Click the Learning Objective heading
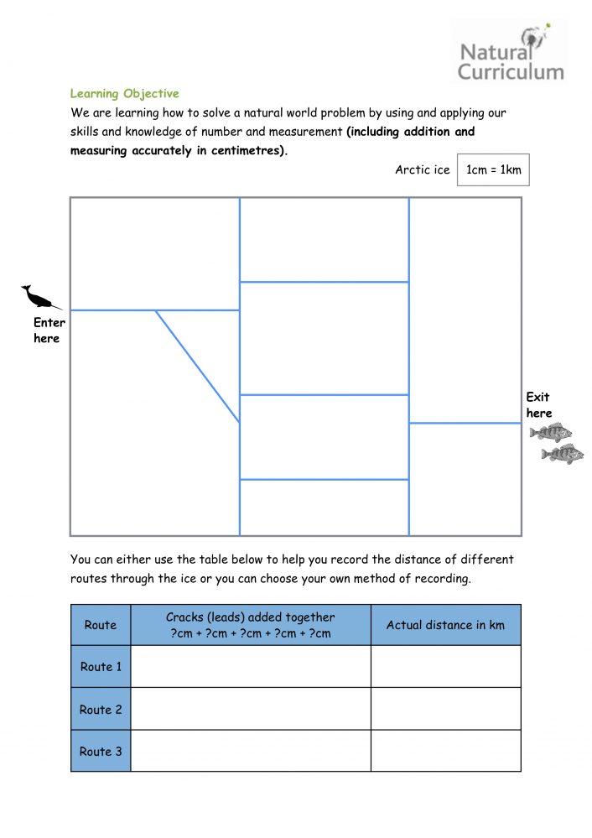pos(124,93)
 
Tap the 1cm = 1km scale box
pos(493,170)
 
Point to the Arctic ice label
pos(422,170)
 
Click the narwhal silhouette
pos(40,297)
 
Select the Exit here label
pos(538,405)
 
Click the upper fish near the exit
pos(551,432)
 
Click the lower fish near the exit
pos(562,455)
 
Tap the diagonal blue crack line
pos(198,367)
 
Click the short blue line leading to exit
pos(465,424)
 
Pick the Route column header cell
pos(101,625)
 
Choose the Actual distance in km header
pos(445,625)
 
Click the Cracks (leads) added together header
pos(251,625)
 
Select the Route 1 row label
pos(101,666)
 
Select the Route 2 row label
pos(101,709)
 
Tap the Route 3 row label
pos(101,751)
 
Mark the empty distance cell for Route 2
pos(445,709)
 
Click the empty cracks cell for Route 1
pos(251,666)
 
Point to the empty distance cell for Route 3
pos(445,751)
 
